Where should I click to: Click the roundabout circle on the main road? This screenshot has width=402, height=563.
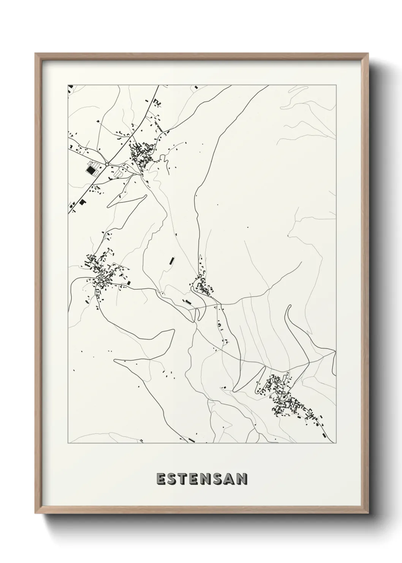click(x=107, y=164)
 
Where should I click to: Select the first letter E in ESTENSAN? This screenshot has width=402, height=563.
click(x=161, y=479)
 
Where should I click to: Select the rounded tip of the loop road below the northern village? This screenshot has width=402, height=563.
click(x=145, y=196)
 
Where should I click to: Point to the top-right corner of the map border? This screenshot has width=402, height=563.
click(x=336, y=84)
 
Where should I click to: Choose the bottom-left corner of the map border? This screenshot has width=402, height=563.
click(x=68, y=443)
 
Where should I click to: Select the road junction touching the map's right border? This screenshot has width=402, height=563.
click(x=336, y=352)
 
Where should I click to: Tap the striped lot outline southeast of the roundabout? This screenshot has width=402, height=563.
click(x=119, y=173)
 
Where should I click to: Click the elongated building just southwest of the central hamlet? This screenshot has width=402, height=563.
click(x=187, y=302)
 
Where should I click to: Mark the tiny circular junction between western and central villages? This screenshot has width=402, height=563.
click(x=161, y=293)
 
